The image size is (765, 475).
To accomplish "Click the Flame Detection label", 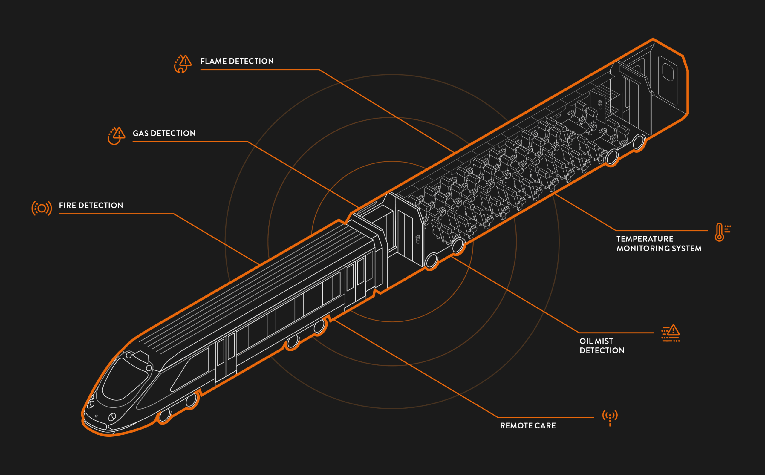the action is click(237, 61).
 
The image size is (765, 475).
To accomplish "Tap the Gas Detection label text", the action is click(164, 133).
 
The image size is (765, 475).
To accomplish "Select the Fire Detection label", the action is click(91, 206).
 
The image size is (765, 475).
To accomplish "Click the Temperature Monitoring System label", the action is click(659, 243).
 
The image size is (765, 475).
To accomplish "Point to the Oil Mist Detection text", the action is click(602, 346).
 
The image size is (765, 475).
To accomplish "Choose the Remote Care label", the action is click(528, 426).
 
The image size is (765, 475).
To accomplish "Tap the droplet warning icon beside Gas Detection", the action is click(116, 136).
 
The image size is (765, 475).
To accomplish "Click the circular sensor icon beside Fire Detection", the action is click(42, 208).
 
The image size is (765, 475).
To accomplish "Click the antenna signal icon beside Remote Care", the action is click(610, 418).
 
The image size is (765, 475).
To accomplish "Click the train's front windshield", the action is click(125, 379).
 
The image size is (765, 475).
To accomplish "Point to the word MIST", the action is click(604, 341).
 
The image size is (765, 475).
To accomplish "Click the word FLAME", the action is click(214, 61).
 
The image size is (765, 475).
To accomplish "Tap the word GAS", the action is click(141, 133).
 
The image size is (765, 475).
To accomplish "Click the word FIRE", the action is click(68, 206).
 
